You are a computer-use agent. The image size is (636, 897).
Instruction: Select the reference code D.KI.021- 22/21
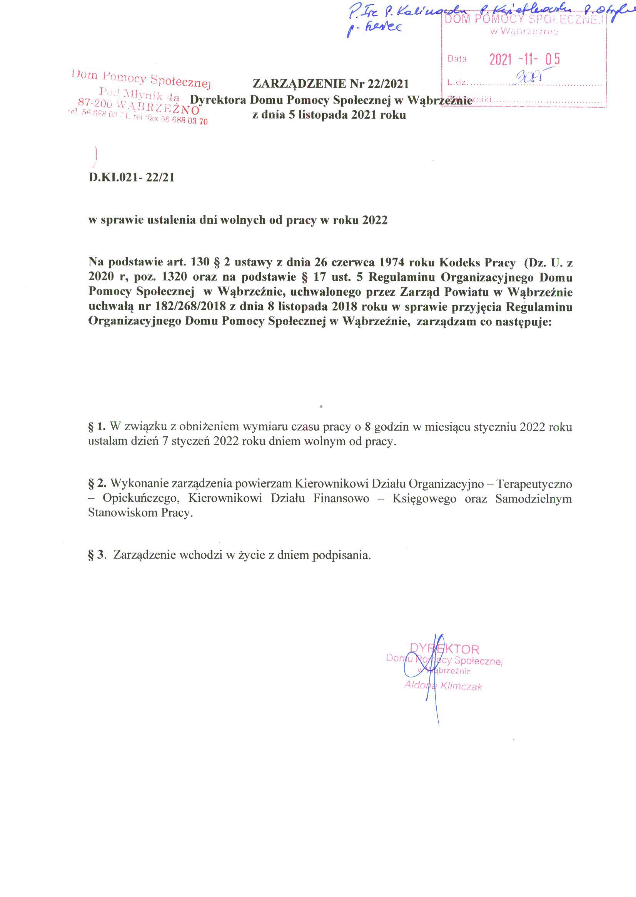(132, 178)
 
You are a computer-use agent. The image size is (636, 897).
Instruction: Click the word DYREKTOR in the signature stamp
(444, 649)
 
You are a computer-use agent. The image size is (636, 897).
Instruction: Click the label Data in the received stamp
(457, 59)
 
